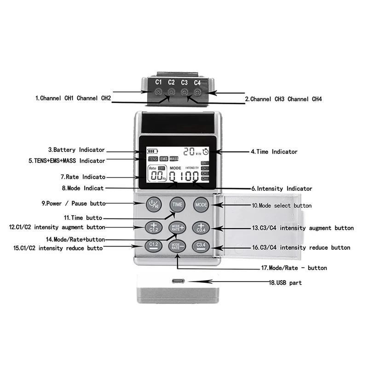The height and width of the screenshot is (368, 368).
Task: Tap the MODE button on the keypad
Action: pos(201,204)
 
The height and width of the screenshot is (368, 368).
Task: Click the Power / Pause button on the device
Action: pos(153,204)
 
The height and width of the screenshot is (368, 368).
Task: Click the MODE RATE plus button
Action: pos(177,227)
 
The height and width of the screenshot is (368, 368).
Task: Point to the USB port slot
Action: pos(177,281)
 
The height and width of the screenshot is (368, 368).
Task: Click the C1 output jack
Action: pos(158,92)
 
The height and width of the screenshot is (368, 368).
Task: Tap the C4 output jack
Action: pos(197,92)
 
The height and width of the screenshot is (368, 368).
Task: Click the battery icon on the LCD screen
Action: pos(152,150)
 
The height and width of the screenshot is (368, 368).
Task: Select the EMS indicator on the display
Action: pos(163,159)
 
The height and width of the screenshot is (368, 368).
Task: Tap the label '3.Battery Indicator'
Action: pos(76,149)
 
